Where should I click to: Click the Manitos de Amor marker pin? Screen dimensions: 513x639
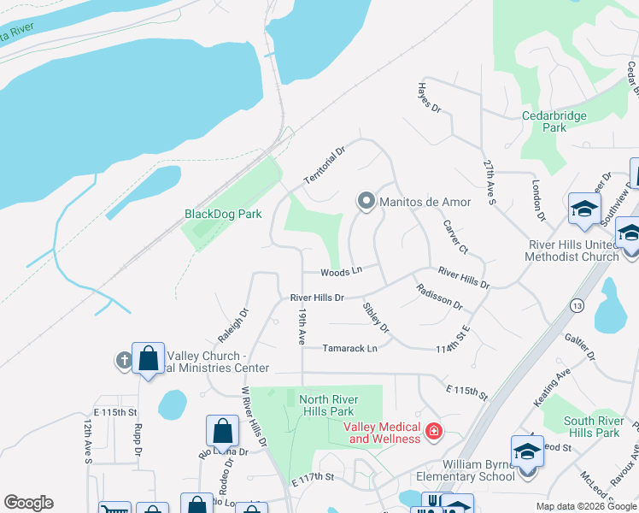(366, 202)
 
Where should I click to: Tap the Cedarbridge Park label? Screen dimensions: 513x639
(543, 121)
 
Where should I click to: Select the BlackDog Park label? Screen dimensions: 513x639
(223, 214)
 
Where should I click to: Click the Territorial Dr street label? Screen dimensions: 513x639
(325, 165)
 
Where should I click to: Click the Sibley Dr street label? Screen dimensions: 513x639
(375, 316)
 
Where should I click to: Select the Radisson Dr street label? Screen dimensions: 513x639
(439, 298)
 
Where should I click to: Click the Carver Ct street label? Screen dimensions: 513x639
(455, 237)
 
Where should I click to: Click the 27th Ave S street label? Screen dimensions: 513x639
(489, 181)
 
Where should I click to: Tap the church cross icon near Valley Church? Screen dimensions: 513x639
(124, 360)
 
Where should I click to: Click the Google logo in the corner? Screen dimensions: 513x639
(28, 503)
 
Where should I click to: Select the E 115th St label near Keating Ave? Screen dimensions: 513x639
(466, 392)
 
